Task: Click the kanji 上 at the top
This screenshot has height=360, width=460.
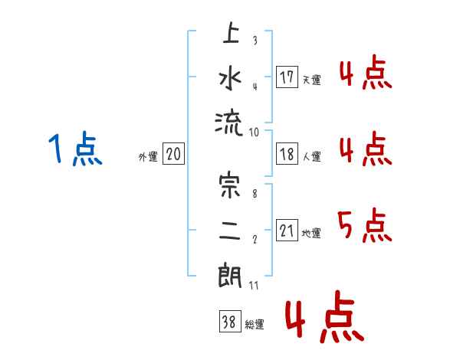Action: click(x=231, y=32)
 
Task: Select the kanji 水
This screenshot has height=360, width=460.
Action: click(x=230, y=77)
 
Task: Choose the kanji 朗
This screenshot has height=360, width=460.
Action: click(x=230, y=276)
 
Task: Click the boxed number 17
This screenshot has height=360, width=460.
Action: click(x=287, y=77)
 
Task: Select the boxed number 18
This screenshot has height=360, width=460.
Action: click(x=287, y=154)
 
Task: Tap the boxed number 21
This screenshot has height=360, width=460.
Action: click(x=287, y=230)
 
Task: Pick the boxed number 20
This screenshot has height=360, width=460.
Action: click(x=173, y=154)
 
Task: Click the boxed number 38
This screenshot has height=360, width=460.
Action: click(x=230, y=321)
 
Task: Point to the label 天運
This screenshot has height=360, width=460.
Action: click(x=311, y=80)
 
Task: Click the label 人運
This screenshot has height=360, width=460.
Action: click(x=311, y=156)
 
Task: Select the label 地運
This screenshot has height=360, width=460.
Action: click(x=311, y=233)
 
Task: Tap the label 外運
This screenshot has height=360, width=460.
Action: click(x=148, y=156)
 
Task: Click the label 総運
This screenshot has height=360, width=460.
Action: click(x=255, y=324)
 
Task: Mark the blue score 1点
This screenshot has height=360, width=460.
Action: click(x=75, y=149)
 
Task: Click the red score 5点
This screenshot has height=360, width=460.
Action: click(x=365, y=225)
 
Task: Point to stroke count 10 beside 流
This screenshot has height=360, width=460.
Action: click(x=254, y=133)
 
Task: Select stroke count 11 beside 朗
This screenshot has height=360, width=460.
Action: click(x=254, y=286)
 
